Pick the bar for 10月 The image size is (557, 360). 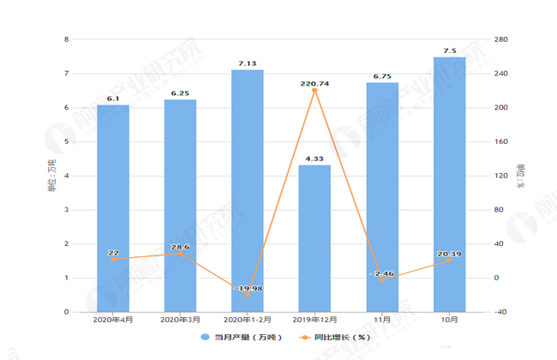point(449,184)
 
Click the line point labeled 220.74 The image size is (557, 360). point(314,90)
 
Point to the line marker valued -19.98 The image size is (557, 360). point(247,295)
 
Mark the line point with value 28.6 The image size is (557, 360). point(180,254)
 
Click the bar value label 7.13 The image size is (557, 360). point(247,63)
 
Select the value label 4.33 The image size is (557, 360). point(314,158)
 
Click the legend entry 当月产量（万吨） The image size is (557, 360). point(237,336)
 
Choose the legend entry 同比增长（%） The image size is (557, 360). point(331,336)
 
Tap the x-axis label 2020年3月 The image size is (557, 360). point(180,321)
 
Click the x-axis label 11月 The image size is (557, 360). point(381,321)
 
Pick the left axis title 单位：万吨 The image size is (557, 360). point(51,176)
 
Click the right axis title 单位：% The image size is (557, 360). point(520,176)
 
